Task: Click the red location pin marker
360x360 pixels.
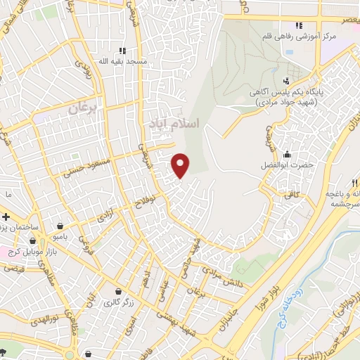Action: (x=181, y=165)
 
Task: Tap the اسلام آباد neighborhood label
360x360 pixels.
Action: (x=174, y=124)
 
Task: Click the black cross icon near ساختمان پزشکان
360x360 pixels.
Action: (x=6, y=217)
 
